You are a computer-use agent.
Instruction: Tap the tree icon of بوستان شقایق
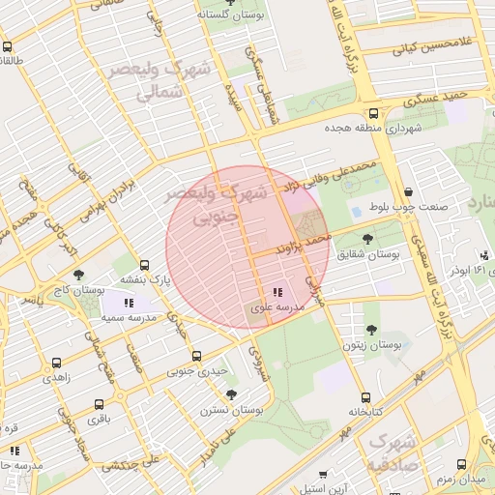click(x=367, y=238)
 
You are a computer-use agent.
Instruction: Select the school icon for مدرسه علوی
click(x=277, y=292)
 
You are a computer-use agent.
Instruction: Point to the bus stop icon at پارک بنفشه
click(x=145, y=265)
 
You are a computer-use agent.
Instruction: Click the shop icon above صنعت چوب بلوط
click(x=413, y=191)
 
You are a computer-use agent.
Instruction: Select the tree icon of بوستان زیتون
click(x=371, y=330)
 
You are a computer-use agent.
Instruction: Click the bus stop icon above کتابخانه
click(x=365, y=396)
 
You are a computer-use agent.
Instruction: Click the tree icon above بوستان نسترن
click(x=231, y=394)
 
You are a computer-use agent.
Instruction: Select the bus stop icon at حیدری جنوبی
click(x=197, y=356)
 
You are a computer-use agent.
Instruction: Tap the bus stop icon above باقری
click(x=100, y=404)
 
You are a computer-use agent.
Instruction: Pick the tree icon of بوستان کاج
click(x=78, y=276)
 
